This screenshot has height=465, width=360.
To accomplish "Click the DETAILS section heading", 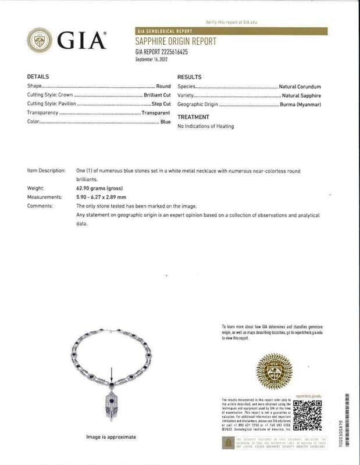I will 38,76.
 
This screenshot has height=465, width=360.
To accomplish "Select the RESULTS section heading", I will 190,76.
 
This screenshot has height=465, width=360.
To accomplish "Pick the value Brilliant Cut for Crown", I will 157,94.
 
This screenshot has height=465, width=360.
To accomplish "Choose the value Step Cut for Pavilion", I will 161,103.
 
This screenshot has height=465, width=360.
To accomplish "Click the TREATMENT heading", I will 193,116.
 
